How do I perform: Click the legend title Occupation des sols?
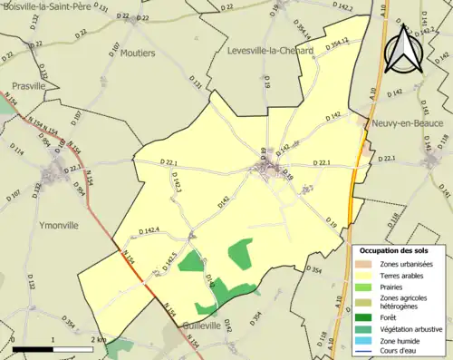coord(393,250)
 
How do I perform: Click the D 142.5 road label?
coord(169,260)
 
